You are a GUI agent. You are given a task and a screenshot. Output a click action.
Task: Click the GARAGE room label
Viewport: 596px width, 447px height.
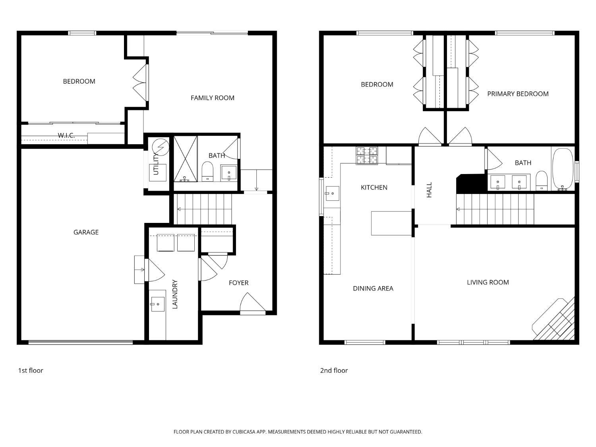coord(86,232)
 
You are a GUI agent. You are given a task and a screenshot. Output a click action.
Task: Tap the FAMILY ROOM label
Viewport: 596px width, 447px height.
coord(212,98)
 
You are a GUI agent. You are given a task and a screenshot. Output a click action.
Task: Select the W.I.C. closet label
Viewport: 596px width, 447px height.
coord(66,135)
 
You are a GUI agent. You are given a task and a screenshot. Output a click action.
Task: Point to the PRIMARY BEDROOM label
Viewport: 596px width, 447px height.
coord(518,94)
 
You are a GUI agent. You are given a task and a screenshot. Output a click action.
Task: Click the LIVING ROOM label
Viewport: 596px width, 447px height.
coord(488,282)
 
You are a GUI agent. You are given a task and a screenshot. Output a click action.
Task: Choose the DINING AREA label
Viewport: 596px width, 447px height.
coord(373,288)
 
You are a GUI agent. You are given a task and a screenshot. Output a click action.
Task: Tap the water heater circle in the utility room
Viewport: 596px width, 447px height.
coord(161,147)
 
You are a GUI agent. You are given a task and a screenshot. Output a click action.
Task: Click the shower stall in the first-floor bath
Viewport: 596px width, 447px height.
coord(186,159)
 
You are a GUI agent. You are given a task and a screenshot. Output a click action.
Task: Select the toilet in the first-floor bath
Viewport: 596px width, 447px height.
coord(208,172)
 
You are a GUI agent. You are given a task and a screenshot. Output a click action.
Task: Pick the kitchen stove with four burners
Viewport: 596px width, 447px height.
coord(367,155)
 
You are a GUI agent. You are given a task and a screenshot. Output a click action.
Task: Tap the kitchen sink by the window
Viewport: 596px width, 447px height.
coord(332,193)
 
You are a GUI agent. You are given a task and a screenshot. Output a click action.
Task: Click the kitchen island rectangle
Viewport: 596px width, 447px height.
coord(391,223)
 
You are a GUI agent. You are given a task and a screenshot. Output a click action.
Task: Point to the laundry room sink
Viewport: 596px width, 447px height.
coord(158,304)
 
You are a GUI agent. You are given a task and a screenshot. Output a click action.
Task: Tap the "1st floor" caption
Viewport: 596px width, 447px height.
coord(31,370)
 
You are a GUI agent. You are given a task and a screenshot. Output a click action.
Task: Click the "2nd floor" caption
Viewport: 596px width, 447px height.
coord(334,370)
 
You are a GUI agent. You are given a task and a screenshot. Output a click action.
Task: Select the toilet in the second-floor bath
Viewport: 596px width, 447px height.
coord(542,180)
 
